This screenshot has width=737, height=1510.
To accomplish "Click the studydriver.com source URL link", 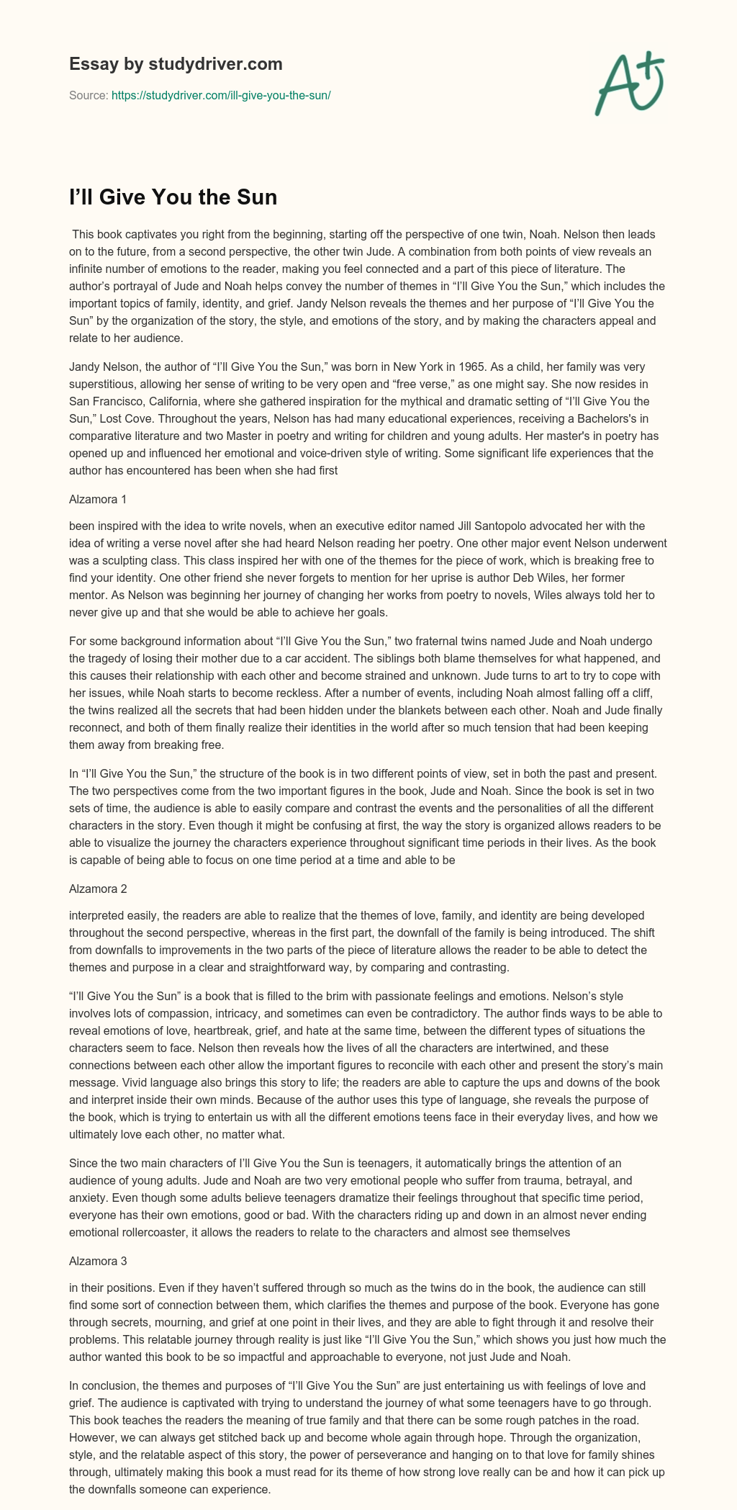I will (221, 95).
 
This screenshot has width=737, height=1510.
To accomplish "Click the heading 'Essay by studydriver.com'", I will (176, 65).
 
